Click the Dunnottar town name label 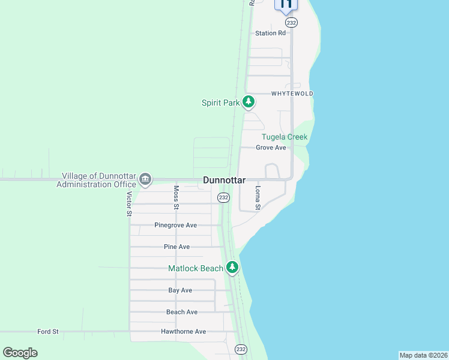224,179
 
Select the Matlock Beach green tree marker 232,268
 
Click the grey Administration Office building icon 145,179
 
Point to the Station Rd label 270,34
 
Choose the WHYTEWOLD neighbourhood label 292,94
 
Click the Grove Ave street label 271,148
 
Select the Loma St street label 258,197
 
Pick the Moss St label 176,197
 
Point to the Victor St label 129,203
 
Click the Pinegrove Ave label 175,225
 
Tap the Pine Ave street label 176,247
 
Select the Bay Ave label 180,290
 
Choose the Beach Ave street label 182,312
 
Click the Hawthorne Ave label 183,331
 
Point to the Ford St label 47,331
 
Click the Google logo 20,353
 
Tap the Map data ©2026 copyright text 423,355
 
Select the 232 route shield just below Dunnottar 223,197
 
